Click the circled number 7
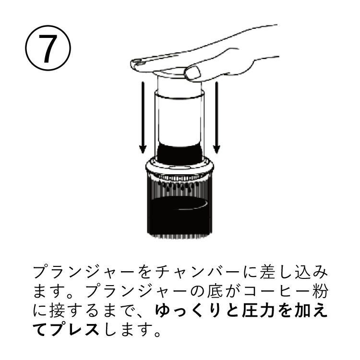point(48,48)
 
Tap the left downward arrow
point(143,118)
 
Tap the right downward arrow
point(216,118)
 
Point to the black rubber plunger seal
point(180,153)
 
